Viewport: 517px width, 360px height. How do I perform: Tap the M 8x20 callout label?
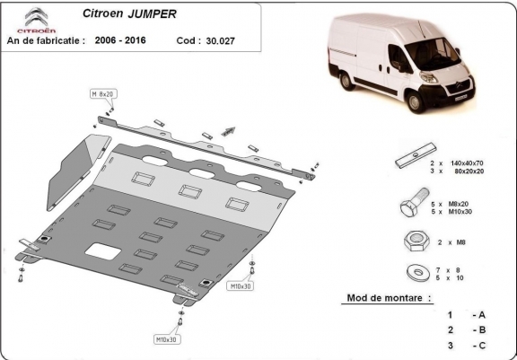102,93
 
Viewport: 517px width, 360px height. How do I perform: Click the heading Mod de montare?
388,296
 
